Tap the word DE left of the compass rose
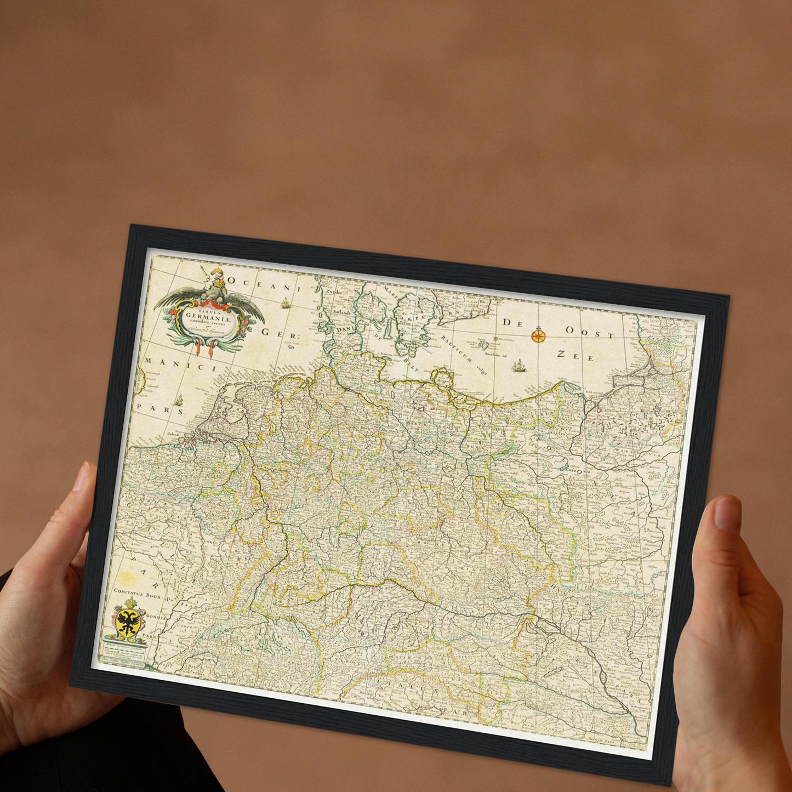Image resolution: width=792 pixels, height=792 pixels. tap(514, 323)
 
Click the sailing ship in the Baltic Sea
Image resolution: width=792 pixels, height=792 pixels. tap(518, 366)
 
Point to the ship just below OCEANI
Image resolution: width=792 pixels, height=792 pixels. tap(285, 303)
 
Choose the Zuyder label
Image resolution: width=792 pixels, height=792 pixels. tap(331, 293)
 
